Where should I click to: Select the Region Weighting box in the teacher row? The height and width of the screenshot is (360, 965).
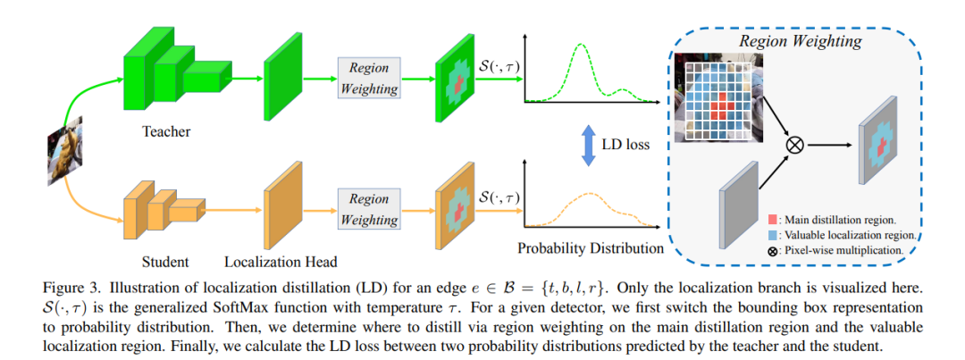pos(368,77)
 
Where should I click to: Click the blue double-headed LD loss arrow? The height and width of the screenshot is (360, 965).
pos(588,146)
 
